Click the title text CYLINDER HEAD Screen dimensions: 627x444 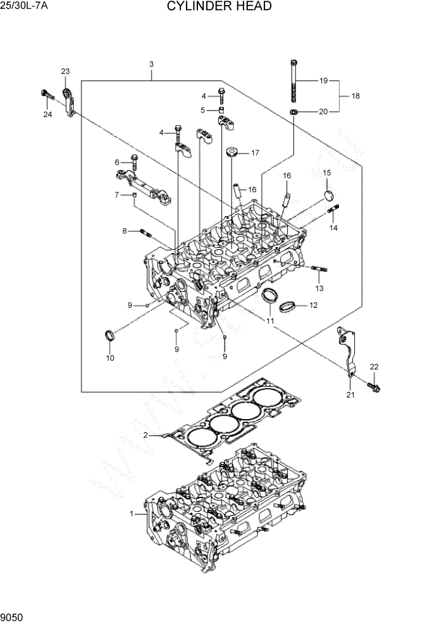pyautogui.click(x=219, y=7)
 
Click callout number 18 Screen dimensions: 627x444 pyautogui.click(x=355, y=96)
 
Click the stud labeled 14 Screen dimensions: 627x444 pyautogui.click(x=333, y=210)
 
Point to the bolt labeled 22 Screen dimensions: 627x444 pyautogui.click(x=373, y=386)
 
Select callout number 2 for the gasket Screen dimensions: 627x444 pyautogui.click(x=145, y=435)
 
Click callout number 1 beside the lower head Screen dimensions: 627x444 pyautogui.click(x=132, y=514)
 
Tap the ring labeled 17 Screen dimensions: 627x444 pyautogui.click(x=232, y=152)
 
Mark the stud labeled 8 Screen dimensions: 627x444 pyautogui.click(x=145, y=233)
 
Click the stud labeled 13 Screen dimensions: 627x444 pyautogui.click(x=319, y=270)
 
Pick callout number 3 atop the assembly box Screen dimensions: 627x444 pyautogui.click(x=151, y=64)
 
